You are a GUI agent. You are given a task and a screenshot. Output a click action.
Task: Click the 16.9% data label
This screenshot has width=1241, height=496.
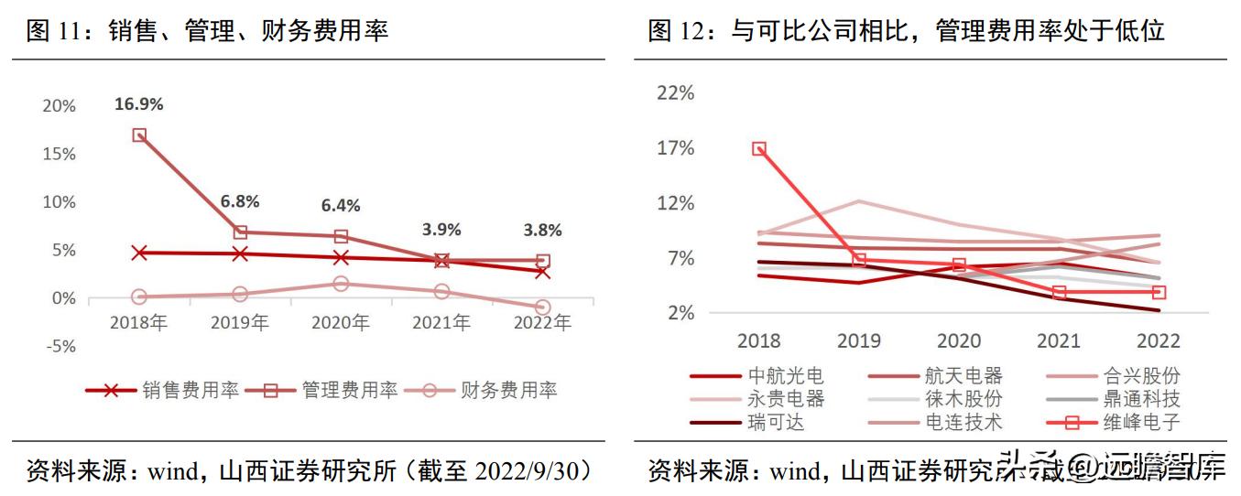[x=138, y=104]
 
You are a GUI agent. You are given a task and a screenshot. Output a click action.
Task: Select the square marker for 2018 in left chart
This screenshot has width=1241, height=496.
[x=139, y=135]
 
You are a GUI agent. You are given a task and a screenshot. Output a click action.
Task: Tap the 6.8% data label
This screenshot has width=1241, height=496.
[x=240, y=201]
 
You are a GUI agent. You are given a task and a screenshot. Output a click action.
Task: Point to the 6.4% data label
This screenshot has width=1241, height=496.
[x=340, y=206]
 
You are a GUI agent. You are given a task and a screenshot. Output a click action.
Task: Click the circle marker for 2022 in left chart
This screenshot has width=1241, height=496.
[x=543, y=307]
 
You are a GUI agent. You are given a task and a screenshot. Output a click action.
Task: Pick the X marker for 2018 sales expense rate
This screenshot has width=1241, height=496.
[x=139, y=253]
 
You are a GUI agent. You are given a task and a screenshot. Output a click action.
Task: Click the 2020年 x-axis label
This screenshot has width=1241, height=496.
[x=340, y=323]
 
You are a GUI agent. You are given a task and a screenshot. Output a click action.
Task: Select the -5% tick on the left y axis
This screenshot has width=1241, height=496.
[x=60, y=347]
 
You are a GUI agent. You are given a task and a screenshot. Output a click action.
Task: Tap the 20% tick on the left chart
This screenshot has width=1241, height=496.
[x=60, y=106]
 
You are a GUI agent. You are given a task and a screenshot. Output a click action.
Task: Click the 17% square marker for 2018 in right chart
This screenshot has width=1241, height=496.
[x=759, y=148]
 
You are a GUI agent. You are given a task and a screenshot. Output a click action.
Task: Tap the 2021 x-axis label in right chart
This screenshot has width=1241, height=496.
[x=1058, y=341]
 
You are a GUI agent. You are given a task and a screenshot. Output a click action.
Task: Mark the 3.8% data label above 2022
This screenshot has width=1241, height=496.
[x=542, y=230]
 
